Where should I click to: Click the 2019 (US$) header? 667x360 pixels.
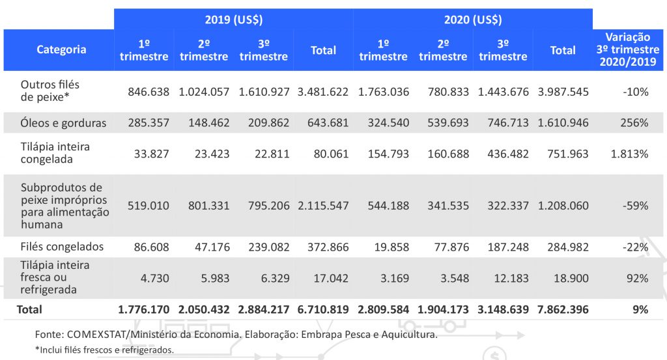pyautogui.click(x=233, y=20)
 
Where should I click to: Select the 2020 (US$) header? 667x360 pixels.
pyautogui.click(x=473, y=20)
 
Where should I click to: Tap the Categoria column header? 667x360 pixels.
pyautogui.click(x=61, y=49)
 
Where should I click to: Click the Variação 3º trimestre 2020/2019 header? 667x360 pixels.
pyautogui.click(x=628, y=50)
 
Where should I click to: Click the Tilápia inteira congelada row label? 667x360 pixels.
pyautogui.click(x=55, y=153)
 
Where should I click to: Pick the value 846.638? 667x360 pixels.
pyautogui.click(x=147, y=92)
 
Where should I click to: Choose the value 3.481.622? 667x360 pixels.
pyautogui.click(x=322, y=92)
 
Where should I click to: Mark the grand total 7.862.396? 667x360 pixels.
pyautogui.click(x=563, y=310)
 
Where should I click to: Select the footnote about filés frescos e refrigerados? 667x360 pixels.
pyautogui.click(x=105, y=350)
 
